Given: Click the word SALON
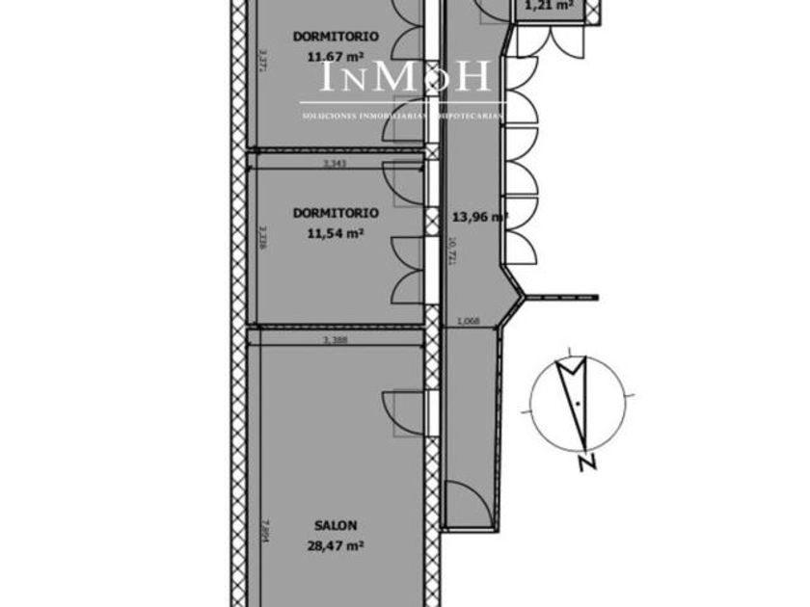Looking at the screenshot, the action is (x=336, y=526).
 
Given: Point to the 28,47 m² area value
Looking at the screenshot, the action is (x=336, y=545).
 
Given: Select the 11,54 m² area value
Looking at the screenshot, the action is (x=336, y=233).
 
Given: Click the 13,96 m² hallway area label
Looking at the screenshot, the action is (x=479, y=217).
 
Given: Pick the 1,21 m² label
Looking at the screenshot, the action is (x=549, y=6).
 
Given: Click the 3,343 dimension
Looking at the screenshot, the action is (x=335, y=164).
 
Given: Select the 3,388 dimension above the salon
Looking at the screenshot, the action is (x=335, y=340).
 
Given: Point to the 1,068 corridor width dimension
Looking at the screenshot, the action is (x=468, y=321).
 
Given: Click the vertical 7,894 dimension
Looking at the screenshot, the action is (x=262, y=535).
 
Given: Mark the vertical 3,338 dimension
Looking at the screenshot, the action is (x=262, y=237).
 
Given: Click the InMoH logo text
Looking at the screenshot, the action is (x=405, y=77).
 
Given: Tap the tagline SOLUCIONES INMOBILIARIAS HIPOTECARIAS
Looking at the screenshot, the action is (x=403, y=116).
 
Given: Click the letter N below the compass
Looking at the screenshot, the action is (x=585, y=464).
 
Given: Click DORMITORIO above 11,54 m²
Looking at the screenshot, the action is (x=336, y=213).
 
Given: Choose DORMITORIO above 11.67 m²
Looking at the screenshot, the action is (x=336, y=37).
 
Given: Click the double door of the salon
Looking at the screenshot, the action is (x=405, y=415).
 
